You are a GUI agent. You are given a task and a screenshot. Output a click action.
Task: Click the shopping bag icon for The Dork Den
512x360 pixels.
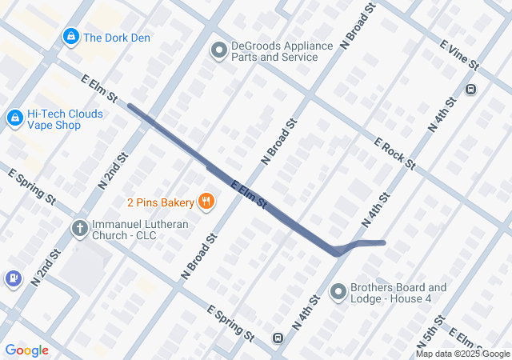coord(71,38)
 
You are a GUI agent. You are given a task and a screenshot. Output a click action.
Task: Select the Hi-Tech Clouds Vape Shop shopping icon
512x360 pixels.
coord(14,118)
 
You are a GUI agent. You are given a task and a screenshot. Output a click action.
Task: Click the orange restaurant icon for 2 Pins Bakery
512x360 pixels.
coord(206,202)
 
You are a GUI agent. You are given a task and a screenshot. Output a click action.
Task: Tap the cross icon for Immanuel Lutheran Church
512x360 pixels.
coord(79,229)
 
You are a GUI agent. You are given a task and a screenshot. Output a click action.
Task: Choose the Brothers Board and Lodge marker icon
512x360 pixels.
coord(338,293)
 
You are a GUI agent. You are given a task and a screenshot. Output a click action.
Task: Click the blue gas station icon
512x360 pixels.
coord(13,278)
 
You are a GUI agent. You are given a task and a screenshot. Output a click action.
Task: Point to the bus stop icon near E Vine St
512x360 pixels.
coord(471,89)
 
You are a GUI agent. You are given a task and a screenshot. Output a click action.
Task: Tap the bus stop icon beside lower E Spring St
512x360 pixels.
coord(278,338)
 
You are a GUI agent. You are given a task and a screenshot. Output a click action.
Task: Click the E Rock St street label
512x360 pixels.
coord(395,153)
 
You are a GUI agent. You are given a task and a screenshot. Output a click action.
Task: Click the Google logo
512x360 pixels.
coord(26,350)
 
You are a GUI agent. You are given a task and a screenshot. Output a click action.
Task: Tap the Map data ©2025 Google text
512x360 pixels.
coord(462,354)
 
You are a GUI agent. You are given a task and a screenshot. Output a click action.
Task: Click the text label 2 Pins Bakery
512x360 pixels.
coord(161,202)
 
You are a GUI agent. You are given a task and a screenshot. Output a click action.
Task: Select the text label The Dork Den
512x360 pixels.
coord(117,38)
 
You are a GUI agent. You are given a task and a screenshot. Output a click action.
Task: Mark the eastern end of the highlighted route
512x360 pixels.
coord(383,242)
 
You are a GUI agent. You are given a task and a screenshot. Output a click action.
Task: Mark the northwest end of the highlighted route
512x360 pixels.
coord(130,106)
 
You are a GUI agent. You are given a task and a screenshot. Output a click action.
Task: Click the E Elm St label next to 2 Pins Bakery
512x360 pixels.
coord(248,196)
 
